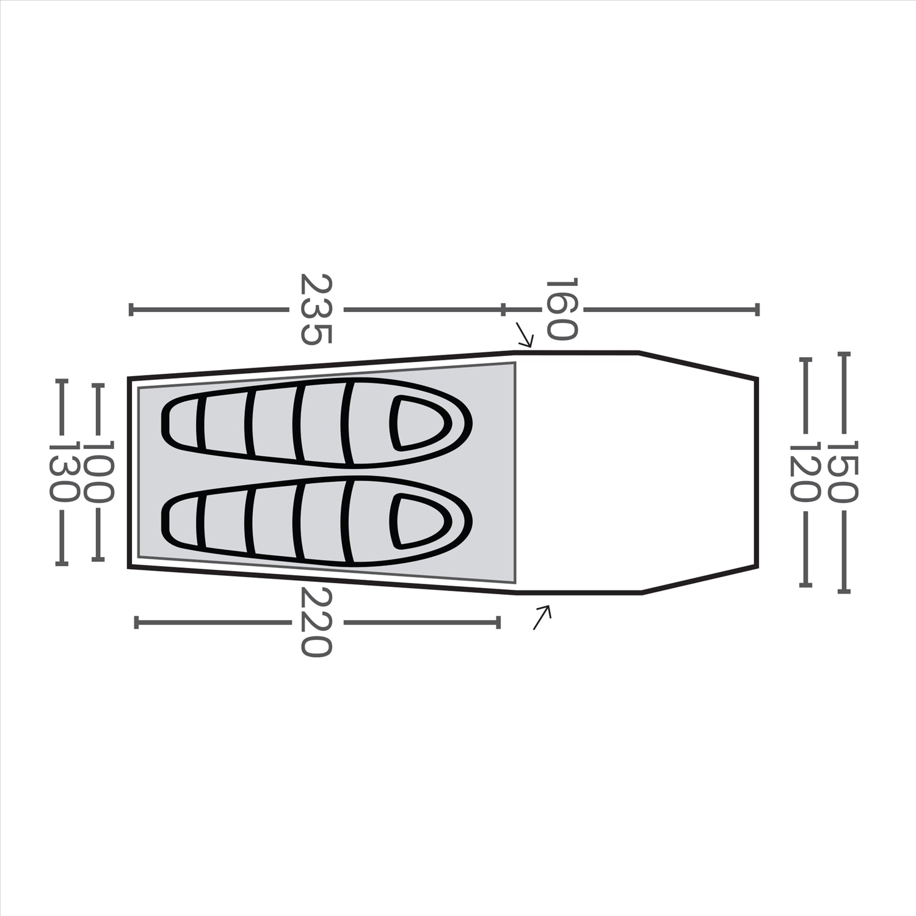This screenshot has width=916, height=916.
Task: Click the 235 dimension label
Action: coord(316,309)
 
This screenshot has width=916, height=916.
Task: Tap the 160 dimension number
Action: coord(561,309)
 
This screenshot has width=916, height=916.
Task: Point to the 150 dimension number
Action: coord(843,471)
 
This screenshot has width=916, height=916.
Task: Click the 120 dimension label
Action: coord(805,471)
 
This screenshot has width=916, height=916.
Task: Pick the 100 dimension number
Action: coord(98,471)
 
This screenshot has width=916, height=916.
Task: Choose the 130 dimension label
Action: coord(62,471)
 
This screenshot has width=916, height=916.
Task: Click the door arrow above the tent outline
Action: coord(525,334)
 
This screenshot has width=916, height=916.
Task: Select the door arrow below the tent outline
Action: coord(542,616)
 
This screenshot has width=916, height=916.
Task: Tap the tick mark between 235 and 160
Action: coord(503,309)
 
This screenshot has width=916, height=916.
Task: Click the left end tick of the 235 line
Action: coord(131,309)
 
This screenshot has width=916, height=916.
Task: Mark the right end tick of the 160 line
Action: coord(757,309)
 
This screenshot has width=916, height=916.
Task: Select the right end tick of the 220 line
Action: coord(499,622)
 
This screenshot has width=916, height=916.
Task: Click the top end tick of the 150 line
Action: coord(843,353)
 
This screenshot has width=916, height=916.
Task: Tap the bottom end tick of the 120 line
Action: coord(805,586)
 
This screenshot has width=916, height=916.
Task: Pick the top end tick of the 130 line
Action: coord(62,380)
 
